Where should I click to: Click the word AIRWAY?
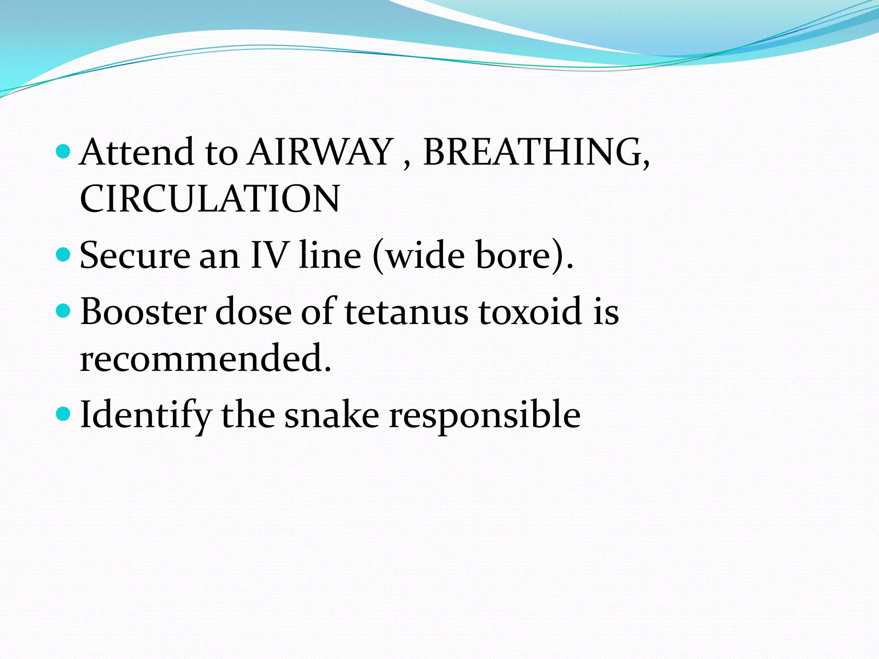(x=320, y=152)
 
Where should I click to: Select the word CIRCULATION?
(x=210, y=199)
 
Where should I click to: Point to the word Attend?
(x=137, y=152)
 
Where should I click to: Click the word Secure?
(x=135, y=256)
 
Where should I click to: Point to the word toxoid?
(x=530, y=311)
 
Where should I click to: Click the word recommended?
(x=205, y=358)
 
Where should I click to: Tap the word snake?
(x=332, y=415)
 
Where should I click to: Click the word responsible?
(x=485, y=415)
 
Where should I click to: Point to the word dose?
(x=253, y=311)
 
